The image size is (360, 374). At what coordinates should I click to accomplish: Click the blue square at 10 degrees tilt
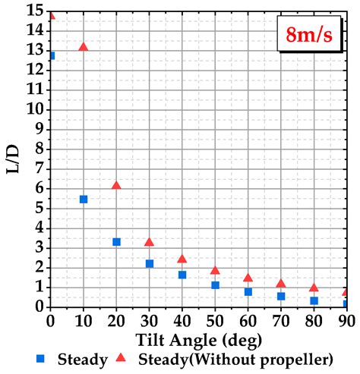(84, 199)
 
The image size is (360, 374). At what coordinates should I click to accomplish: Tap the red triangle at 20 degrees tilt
(116, 185)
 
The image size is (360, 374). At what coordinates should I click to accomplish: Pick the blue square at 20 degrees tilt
(116, 241)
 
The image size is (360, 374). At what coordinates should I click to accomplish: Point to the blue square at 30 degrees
(150, 263)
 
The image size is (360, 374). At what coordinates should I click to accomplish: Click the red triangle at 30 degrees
(150, 242)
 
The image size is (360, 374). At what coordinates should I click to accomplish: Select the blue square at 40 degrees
(182, 275)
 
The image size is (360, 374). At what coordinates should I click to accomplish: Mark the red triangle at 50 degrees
(215, 270)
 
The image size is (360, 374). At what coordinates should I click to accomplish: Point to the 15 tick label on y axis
(33, 11)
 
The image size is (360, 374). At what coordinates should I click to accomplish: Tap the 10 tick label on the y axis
(33, 108)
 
